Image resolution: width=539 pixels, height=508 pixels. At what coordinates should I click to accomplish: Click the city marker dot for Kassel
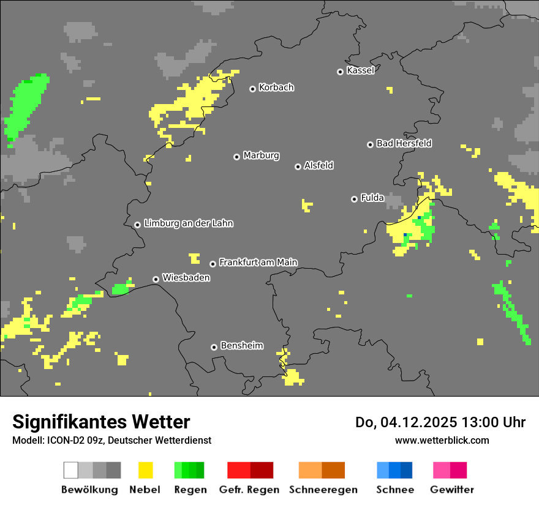coord(340,72)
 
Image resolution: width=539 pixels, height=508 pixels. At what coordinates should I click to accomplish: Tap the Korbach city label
coord(276,88)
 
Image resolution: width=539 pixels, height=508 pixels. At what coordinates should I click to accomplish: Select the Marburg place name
coord(261,155)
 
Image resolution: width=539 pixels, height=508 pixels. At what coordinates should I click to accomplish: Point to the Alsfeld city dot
coord(298,166)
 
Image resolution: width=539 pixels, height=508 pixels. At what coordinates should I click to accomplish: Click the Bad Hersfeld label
coord(404,143)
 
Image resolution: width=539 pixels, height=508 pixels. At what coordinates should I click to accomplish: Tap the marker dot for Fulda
coord(354,199)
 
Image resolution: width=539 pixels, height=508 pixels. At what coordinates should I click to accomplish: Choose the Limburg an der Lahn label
coord(188,223)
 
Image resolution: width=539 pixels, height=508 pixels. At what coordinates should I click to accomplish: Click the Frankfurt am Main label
coord(258,263)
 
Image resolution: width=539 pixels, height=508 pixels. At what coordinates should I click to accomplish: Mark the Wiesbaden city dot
coord(156,279)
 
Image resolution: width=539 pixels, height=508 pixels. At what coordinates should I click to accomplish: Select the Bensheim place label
coord(241,346)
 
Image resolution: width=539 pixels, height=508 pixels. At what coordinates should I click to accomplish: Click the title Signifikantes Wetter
coord(101,422)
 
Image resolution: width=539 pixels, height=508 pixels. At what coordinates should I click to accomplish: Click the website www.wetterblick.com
coord(442,440)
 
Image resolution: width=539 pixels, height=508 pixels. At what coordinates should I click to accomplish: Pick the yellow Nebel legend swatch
coord(145,470)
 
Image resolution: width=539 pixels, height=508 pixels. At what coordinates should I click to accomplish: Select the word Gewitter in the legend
coord(452,490)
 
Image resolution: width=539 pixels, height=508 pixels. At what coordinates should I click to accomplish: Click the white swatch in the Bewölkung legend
coord(71,470)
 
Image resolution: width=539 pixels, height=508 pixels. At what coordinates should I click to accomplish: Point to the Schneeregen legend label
coord(323,490)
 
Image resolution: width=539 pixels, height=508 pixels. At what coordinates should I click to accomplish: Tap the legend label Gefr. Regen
coord(249,490)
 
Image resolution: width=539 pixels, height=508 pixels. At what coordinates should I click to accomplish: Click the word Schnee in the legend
coord(395,490)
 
